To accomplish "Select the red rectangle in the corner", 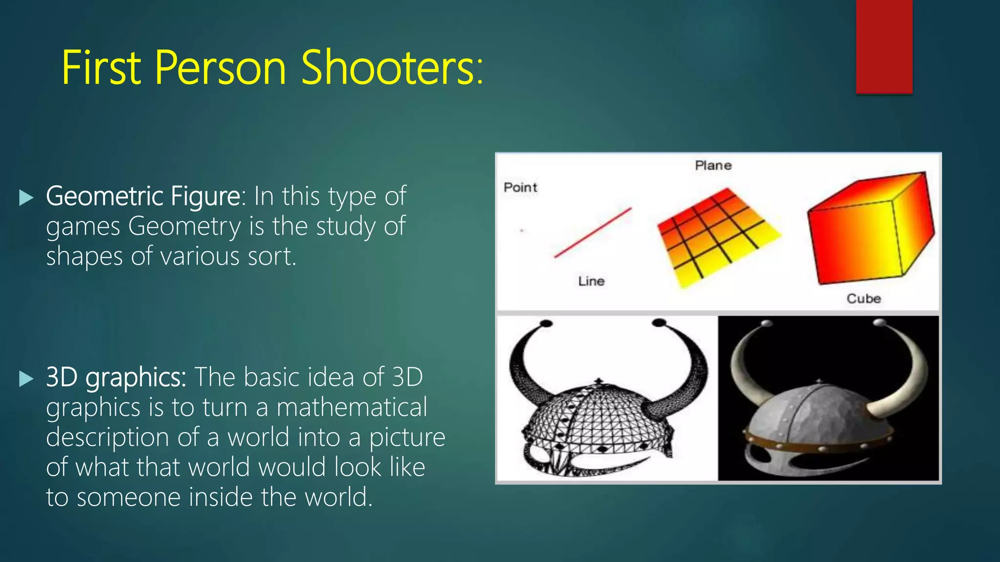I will [884, 46].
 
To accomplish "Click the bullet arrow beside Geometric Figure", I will [26, 198].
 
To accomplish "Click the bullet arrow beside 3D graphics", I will [26, 379].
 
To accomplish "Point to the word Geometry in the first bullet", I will [185, 227].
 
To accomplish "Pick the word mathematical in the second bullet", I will [352, 407].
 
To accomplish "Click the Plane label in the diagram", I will [713, 165].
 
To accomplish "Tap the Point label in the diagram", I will [520, 187].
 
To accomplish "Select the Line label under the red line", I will [591, 281].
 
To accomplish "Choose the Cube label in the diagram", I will [863, 299].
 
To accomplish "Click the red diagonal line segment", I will [593, 233].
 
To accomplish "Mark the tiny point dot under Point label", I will [522, 230].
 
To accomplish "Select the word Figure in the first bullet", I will [205, 197].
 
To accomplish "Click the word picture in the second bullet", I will [407, 438].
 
